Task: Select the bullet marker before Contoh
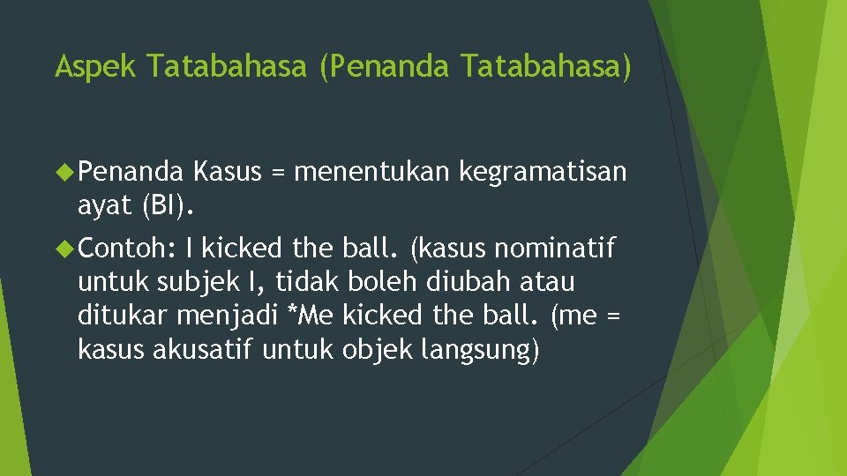pos(64,249)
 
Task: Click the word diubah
pos(480,283)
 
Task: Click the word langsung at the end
pos(482,350)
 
